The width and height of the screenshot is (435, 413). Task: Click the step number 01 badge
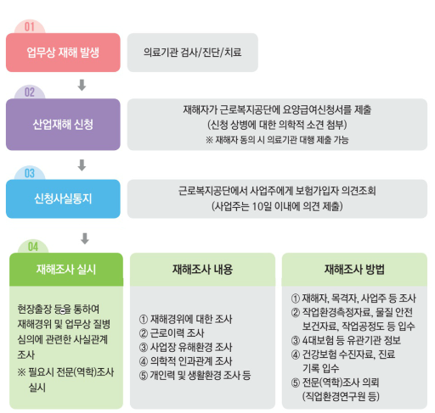click(x=30, y=27)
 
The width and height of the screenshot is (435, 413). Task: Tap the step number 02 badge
click(x=30, y=92)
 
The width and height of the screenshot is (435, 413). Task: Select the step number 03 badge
click(x=30, y=173)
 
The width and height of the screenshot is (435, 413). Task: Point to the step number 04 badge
click(x=33, y=247)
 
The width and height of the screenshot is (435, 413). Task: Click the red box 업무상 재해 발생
click(x=63, y=53)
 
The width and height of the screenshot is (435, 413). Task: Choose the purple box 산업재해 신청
click(x=63, y=125)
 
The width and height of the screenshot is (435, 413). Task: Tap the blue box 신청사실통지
click(x=63, y=198)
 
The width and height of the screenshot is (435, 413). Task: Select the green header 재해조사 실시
click(x=66, y=270)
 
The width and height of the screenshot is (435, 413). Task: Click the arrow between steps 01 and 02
click(x=82, y=85)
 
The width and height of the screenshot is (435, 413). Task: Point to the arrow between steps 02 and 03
click(x=82, y=165)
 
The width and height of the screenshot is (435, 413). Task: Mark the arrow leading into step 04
click(x=85, y=238)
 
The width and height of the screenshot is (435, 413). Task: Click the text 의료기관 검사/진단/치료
click(x=193, y=53)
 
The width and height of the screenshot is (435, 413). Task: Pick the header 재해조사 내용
click(x=202, y=270)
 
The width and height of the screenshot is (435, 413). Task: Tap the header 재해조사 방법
click(x=354, y=270)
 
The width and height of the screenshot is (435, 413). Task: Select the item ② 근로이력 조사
click(x=172, y=333)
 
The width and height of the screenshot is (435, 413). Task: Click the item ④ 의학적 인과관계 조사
click(x=186, y=361)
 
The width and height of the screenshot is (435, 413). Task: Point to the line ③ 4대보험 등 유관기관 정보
click(x=346, y=340)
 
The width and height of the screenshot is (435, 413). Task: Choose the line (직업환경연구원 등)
click(x=341, y=397)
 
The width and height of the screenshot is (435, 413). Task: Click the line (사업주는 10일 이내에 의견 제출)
click(x=277, y=206)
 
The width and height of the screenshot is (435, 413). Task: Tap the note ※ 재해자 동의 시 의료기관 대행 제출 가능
click(x=277, y=140)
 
